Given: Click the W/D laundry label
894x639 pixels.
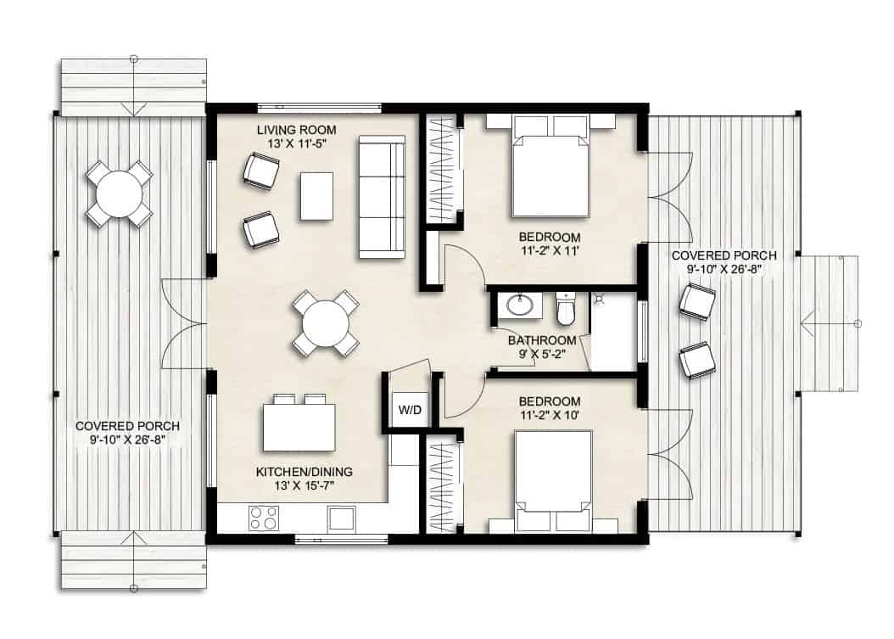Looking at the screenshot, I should tap(410, 410).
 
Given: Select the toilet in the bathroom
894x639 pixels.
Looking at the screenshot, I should tap(566, 310).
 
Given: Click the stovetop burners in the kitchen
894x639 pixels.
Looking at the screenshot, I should tap(264, 517).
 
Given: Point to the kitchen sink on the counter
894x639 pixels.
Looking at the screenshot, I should tap(343, 517).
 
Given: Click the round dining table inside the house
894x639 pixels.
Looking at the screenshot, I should tap(326, 323).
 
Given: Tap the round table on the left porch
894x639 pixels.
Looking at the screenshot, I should tap(119, 194).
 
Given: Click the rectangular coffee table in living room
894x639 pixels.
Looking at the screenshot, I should tap(316, 196).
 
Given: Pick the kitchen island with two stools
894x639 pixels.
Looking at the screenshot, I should tap(299, 427).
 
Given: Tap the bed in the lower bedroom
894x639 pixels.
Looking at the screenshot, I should tap(552, 475).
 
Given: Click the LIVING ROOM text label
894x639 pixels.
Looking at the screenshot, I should tap(297, 130).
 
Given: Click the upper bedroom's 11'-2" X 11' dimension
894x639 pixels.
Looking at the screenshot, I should tap(550, 250).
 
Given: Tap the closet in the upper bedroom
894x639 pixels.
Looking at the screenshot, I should tap(442, 170).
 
